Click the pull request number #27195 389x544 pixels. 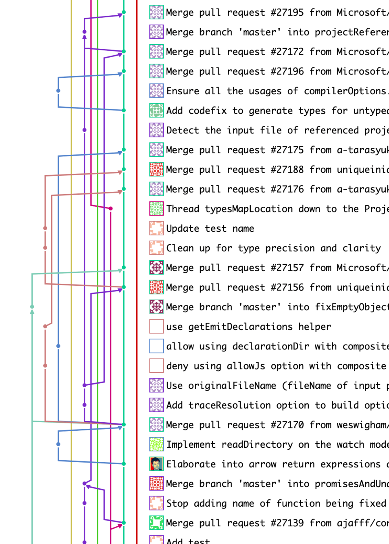[x=287, y=12]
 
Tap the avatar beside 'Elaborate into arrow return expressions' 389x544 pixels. [x=156, y=464]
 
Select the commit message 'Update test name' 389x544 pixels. [x=210, y=228]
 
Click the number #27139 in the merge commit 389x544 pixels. [x=287, y=523]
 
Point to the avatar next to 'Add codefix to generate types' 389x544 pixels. [x=156, y=110]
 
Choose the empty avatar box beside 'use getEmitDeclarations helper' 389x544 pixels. [x=156, y=326]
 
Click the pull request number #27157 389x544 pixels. [x=287, y=268]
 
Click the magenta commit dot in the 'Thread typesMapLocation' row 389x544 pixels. [x=110, y=208]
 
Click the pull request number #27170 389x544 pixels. [x=287, y=425]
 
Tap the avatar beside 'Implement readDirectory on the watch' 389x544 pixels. [x=156, y=444]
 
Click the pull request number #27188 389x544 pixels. [x=287, y=169]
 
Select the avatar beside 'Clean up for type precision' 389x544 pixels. [x=156, y=248]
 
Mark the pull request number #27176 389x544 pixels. [x=287, y=189]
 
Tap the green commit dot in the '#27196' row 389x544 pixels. [x=124, y=71]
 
